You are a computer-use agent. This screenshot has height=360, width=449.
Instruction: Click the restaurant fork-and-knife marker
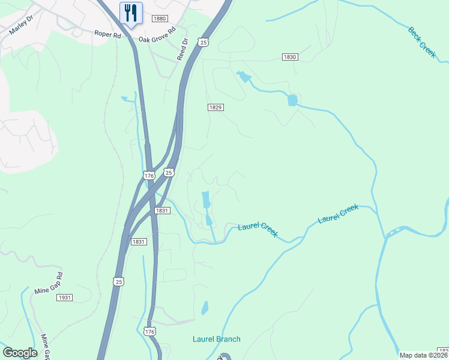131,13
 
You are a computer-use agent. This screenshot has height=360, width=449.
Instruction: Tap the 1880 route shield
160,19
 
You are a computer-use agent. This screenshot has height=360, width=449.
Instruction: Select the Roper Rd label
107,35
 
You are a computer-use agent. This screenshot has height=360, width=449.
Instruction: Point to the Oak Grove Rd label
157,34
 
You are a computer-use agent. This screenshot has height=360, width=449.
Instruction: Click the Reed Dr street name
182,49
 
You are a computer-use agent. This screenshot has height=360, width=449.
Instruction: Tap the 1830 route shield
290,56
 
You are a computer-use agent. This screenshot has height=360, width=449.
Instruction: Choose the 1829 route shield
216,107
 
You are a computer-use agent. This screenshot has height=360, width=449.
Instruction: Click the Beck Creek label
422,42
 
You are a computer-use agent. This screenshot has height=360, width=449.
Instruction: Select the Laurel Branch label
216,339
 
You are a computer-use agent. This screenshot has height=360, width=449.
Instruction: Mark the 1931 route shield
65,298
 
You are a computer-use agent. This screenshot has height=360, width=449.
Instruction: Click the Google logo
20,352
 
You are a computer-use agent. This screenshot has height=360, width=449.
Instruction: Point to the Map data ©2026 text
423,355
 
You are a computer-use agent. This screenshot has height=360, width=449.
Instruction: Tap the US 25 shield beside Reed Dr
204,42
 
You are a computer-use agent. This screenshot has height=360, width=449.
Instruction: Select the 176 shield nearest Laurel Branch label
150,331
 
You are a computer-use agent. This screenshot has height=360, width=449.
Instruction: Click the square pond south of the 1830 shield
292,100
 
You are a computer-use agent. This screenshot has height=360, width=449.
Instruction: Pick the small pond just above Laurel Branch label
205,308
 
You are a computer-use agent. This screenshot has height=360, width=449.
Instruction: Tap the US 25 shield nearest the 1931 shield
119,281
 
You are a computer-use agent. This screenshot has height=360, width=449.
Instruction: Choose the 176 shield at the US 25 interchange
149,175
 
